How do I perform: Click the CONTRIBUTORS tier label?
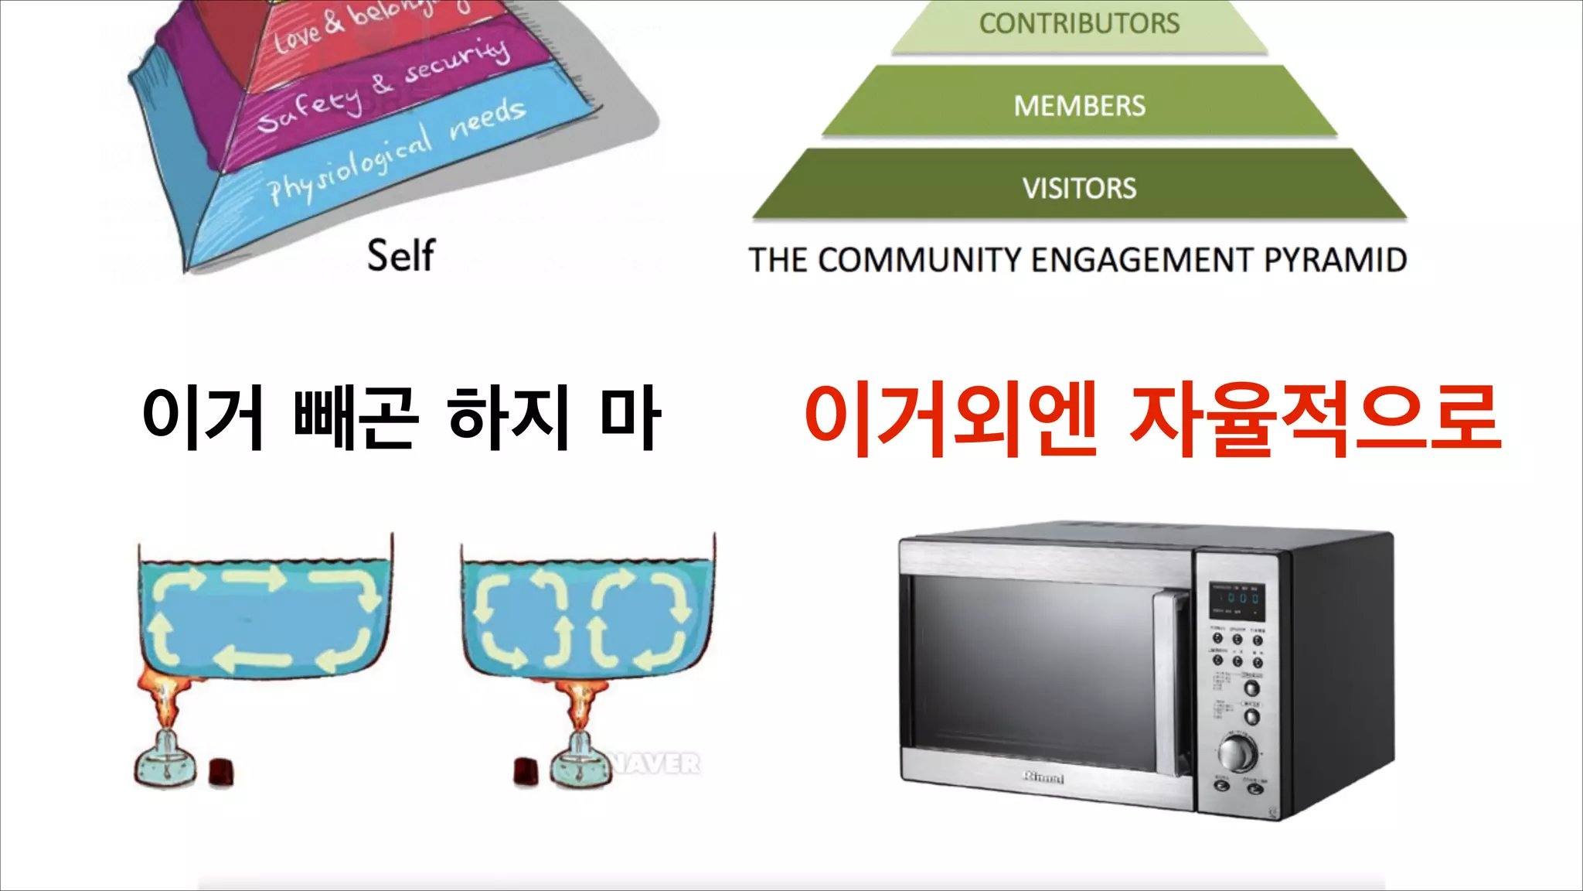pyautogui.click(x=1079, y=24)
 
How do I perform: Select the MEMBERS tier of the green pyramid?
pyautogui.click(x=1079, y=106)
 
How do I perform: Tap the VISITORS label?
pyautogui.click(x=1079, y=188)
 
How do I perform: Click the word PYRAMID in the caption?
pyautogui.click(x=1335, y=260)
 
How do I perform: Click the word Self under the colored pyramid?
pyautogui.click(x=400, y=255)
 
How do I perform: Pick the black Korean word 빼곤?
pyautogui.click(x=356, y=418)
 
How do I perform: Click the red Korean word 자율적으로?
pyautogui.click(x=1314, y=420)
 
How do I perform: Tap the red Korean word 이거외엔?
pyautogui.click(x=951, y=420)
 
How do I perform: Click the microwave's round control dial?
pyautogui.click(x=1237, y=751)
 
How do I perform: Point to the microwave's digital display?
pyautogui.click(x=1237, y=599)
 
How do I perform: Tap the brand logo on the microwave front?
pyautogui.click(x=1043, y=777)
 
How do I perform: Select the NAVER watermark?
pyautogui.click(x=656, y=764)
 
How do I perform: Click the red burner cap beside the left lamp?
pyautogui.click(x=221, y=771)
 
